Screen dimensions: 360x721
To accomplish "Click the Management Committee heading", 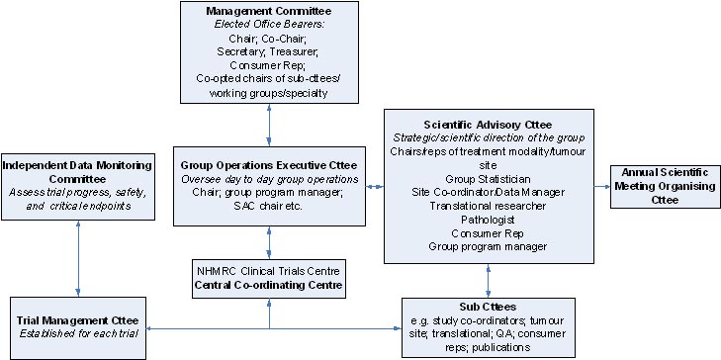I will [269, 11].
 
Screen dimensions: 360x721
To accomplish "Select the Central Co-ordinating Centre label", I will [269, 286].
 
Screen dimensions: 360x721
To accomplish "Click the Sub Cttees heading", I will [488, 308].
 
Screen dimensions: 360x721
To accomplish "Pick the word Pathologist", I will [488, 217].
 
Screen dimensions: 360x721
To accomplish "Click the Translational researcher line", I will [488, 203].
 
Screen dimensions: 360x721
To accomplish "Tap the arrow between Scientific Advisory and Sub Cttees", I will [488, 276].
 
